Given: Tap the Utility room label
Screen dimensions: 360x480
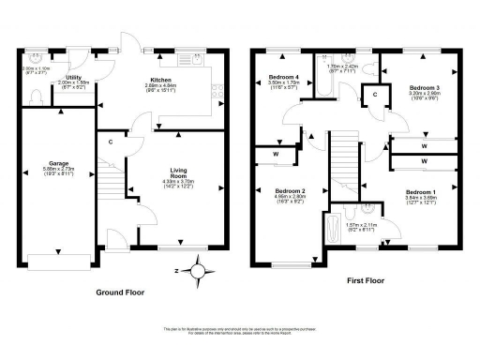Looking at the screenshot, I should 75,79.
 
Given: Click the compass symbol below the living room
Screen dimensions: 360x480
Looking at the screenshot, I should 198,271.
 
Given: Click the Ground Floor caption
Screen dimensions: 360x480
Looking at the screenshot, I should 122,292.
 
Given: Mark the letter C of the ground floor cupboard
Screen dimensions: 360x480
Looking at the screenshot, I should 111,142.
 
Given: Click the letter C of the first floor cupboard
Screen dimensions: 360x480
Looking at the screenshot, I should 375,95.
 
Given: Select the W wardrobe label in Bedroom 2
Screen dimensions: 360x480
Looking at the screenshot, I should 277,154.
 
